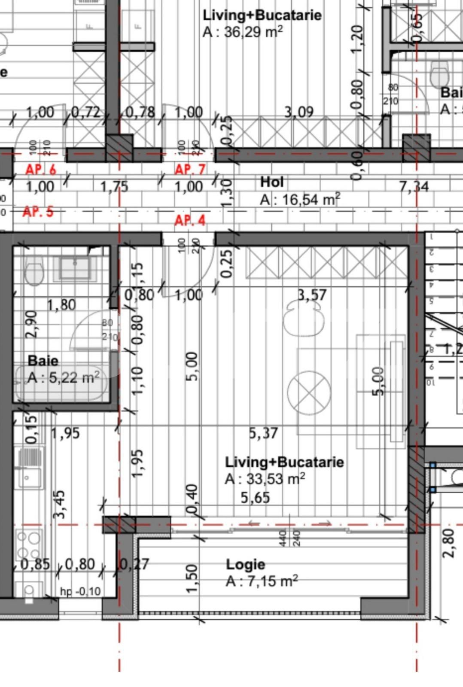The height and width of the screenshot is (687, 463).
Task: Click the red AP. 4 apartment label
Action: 190,221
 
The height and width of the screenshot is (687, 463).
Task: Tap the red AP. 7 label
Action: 190,170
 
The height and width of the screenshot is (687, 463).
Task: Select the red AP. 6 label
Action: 41,170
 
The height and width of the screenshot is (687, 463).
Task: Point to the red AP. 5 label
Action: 38,212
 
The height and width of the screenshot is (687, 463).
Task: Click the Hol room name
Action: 272,182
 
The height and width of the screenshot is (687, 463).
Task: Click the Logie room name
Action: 245,564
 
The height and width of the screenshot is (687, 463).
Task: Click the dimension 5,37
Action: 264,433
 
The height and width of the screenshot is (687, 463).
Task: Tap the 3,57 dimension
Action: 312,295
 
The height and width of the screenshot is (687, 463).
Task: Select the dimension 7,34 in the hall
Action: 414,187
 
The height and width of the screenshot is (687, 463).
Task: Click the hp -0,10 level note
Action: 80,591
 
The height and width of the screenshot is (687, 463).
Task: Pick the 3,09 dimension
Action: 299,112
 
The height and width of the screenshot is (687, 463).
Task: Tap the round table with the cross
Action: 309,392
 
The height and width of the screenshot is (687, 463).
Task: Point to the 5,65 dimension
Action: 255,498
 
